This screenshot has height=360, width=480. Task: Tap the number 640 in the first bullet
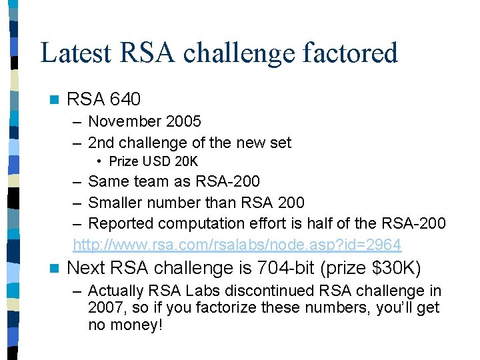pos(125,100)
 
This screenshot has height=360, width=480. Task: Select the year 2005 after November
pos(183,121)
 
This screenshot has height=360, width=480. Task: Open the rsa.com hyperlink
pos(237,245)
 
